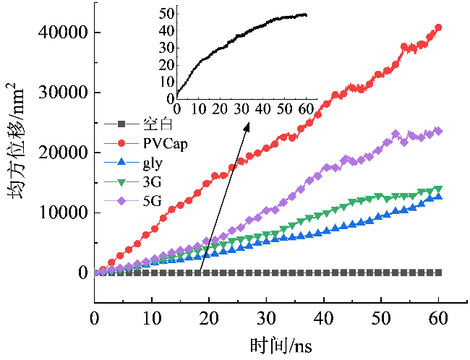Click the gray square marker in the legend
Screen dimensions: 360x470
[x=121, y=124]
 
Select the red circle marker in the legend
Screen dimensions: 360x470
[x=121, y=143]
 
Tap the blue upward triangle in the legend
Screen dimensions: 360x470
[x=121, y=162]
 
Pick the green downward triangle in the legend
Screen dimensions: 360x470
[x=121, y=181]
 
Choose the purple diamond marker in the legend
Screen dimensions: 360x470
[x=121, y=201]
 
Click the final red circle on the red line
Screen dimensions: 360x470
[x=438, y=27]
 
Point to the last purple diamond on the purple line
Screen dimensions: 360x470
[x=438, y=131]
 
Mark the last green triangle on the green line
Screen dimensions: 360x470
[x=438, y=190]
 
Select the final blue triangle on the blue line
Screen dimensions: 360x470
[x=438, y=196]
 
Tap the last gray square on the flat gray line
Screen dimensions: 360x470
[x=438, y=273]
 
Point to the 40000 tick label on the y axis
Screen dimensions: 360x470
[x=65, y=32]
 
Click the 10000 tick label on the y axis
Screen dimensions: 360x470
[x=65, y=213]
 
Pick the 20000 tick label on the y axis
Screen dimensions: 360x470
[x=65, y=153]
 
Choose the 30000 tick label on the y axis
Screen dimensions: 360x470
[x=65, y=93]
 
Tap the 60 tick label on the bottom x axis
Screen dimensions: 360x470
[x=438, y=318]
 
